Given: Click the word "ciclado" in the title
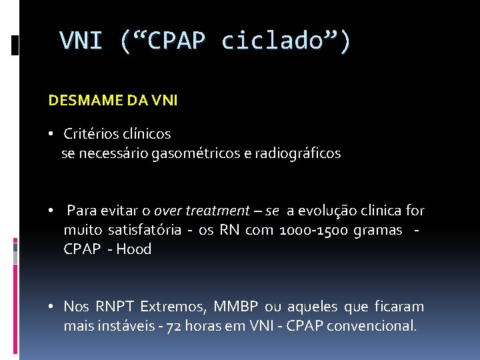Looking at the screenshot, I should [279, 41].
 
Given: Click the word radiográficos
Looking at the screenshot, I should [297, 154].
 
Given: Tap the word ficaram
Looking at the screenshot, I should [397, 307].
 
